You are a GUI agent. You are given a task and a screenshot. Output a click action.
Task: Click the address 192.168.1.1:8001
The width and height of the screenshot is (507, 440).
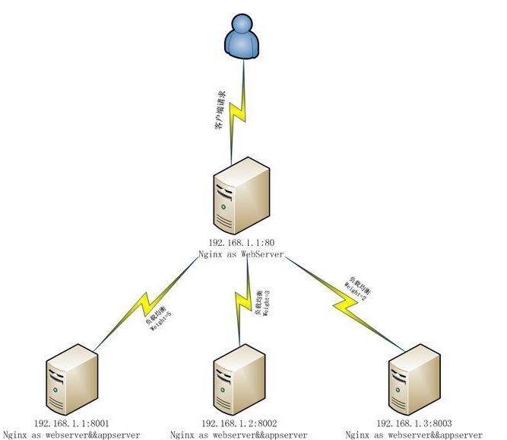pos(73,422)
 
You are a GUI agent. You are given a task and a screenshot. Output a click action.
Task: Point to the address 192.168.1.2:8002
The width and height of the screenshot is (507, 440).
pos(240,422)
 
